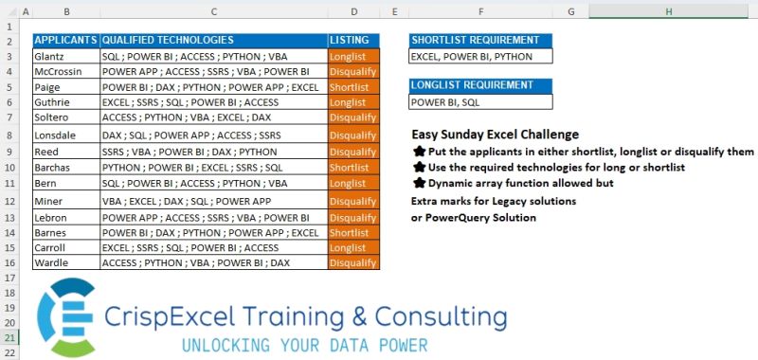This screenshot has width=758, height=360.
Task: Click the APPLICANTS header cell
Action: point(66,41)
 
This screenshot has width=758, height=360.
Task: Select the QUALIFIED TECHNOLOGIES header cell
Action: point(167,41)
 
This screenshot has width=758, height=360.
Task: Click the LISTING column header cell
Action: point(353,41)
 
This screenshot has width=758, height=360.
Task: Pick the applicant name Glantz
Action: point(53,56)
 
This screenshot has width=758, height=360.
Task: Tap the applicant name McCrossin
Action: point(63,72)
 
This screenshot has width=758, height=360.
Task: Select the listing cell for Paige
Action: point(353,87)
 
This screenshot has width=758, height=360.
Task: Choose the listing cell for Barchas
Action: point(353,167)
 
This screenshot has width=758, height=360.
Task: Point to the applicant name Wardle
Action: point(54,262)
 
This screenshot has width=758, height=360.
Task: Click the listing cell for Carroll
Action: point(353,247)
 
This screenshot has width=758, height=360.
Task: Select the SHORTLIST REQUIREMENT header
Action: point(480,41)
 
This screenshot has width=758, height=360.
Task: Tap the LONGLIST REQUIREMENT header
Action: point(480,85)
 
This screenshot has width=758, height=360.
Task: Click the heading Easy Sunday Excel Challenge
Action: point(496,135)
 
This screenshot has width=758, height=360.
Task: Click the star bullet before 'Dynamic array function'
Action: point(419,184)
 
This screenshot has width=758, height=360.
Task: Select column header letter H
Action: point(668,11)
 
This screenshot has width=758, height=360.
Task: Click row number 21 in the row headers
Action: point(10,337)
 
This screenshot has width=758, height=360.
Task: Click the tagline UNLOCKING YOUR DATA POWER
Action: point(303,344)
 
